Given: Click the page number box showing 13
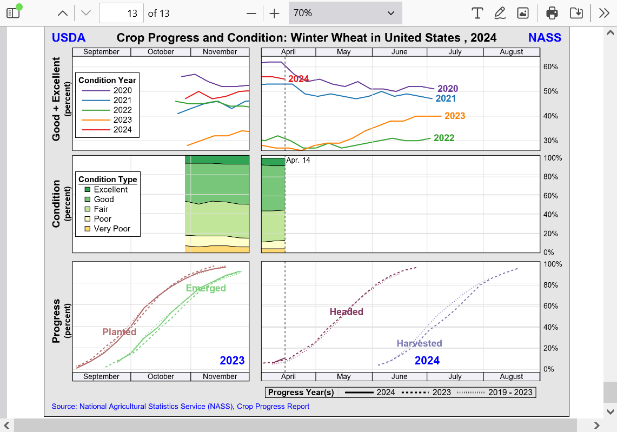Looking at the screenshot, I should coord(122,14).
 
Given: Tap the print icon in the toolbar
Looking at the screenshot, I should coord(552,13).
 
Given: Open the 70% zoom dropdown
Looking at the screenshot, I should coord(345,13).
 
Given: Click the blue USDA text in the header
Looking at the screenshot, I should coord(69,37).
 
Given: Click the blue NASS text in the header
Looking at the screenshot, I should coord(545,37).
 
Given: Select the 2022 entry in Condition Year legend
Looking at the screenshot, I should coord(122,110).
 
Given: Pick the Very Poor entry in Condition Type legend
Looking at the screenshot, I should coord(112,229).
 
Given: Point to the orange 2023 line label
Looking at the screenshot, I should coord(455,116).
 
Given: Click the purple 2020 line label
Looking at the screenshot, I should coord(448,89).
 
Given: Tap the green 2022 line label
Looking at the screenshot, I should coord(444,138).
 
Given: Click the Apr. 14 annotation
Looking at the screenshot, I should coord(298,160).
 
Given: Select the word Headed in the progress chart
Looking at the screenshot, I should coord(347,312).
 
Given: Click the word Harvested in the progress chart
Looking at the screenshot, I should coord(419,343).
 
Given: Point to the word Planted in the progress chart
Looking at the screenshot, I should coord(120,332).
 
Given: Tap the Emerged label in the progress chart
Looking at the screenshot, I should coord(206,288).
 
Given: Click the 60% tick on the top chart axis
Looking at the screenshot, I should coord(550,67).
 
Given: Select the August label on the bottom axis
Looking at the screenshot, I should coord(512,376).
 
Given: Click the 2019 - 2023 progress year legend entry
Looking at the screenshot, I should coord(510,393).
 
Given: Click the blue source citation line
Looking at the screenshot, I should coord(181,406).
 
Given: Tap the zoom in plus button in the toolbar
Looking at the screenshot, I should coord(275,14).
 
